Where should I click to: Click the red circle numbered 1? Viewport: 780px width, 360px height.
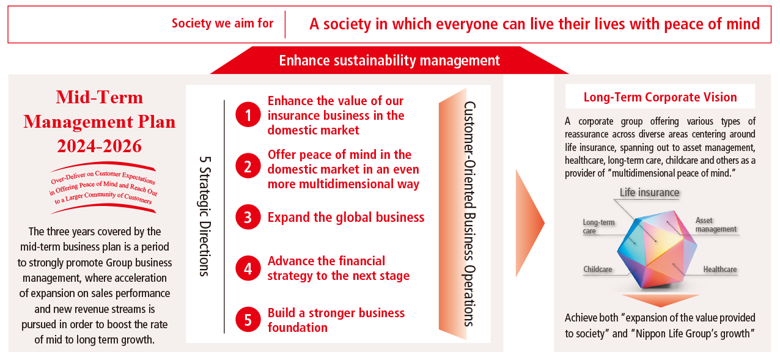[x=248, y=114]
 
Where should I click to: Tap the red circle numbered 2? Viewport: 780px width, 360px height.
[x=248, y=166]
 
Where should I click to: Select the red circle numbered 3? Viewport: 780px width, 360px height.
[x=248, y=217]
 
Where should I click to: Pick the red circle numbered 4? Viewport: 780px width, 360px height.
[x=248, y=268]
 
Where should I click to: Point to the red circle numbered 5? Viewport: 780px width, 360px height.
[x=248, y=320]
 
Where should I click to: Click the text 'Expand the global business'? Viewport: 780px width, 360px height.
[x=346, y=217]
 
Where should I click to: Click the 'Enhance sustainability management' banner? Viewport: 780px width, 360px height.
[x=389, y=61]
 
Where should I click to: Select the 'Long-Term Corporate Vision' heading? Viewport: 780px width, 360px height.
[x=660, y=97]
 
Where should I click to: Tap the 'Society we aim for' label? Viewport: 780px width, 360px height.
[x=223, y=23]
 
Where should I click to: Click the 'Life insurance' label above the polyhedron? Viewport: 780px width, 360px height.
[x=649, y=193]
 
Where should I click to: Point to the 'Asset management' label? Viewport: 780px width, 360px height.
[x=716, y=225]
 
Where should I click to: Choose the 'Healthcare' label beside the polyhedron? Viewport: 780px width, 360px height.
[x=720, y=269]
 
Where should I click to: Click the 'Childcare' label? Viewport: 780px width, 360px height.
[x=598, y=269]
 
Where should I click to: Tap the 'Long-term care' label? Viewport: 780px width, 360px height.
[x=598, y=226]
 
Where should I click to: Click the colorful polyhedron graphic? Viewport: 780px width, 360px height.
[x=657, y=249]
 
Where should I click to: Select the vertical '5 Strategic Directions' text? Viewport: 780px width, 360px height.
[x=205, y=216]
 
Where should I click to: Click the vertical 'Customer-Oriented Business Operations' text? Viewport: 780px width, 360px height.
[x=469, y=214]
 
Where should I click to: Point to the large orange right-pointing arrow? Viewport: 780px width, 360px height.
[x=529, y=223]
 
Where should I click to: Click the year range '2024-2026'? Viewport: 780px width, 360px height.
[x=100, y=146]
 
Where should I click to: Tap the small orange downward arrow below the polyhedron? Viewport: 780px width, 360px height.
[x=661, y=300]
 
